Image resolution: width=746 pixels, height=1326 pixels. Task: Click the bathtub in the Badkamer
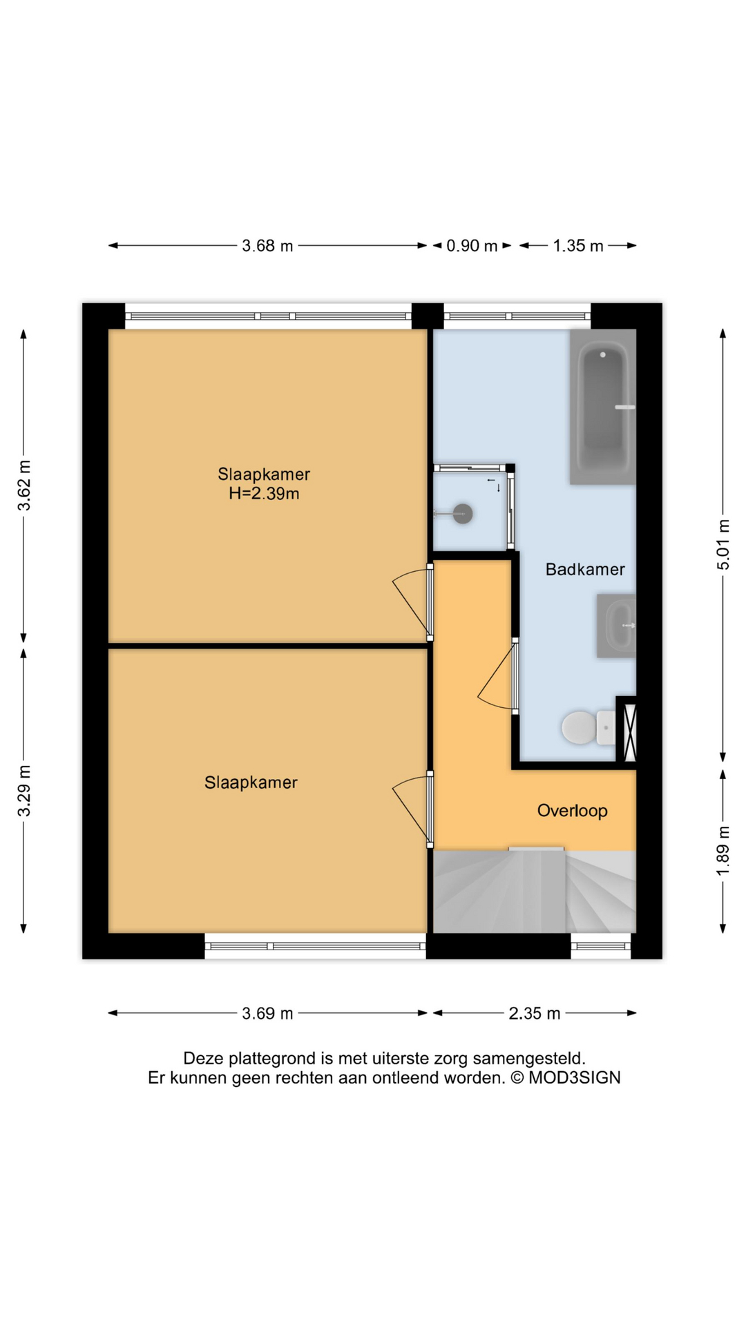point(603,407)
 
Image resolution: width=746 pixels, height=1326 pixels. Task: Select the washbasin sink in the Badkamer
point(618,626)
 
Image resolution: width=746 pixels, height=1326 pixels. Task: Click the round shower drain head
point(463,513)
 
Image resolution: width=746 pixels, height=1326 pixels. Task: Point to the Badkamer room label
point(585,570)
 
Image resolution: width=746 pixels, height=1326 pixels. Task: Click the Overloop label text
point(572,811)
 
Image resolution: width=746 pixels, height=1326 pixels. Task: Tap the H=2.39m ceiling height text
point(264,494)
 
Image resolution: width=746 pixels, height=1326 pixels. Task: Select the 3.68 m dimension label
point(267,246)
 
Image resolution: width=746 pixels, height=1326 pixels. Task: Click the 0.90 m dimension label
point(472,246)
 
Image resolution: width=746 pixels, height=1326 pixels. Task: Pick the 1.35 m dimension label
point(578,246)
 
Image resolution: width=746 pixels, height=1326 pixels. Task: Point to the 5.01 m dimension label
point(723,544)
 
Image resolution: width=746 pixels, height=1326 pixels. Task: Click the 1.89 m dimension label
point(723,851)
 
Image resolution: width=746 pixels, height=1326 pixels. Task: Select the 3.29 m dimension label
point(24,791)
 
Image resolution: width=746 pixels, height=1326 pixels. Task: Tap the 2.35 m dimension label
point(534,1014)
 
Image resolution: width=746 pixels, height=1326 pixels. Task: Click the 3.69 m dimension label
point(267,1014)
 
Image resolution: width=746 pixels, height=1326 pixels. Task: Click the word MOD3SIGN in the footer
point(575,1078)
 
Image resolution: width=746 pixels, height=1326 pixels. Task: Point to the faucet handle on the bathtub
point(624,407)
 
